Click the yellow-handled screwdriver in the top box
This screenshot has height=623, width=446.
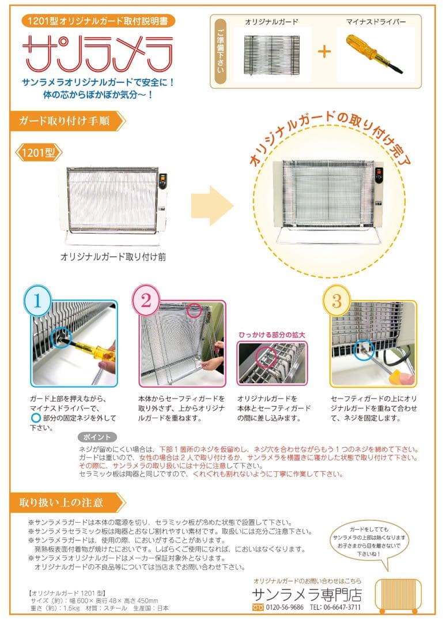pyautogui.click(x=374, y=54)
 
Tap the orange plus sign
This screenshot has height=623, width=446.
pyautogui.click(x=325, y=52)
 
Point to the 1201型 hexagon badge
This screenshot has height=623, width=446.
pyautogui.click(x=37, y=153)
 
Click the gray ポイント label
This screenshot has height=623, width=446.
pyautogui.click(x=96, y=437)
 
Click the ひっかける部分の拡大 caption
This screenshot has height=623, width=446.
pyautogui.click(x=271, y=334)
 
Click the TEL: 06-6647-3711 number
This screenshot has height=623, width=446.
pyautogui.click(x=335, y=607)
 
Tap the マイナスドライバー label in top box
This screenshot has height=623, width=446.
pyautogui.click(x=376, y=21)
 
